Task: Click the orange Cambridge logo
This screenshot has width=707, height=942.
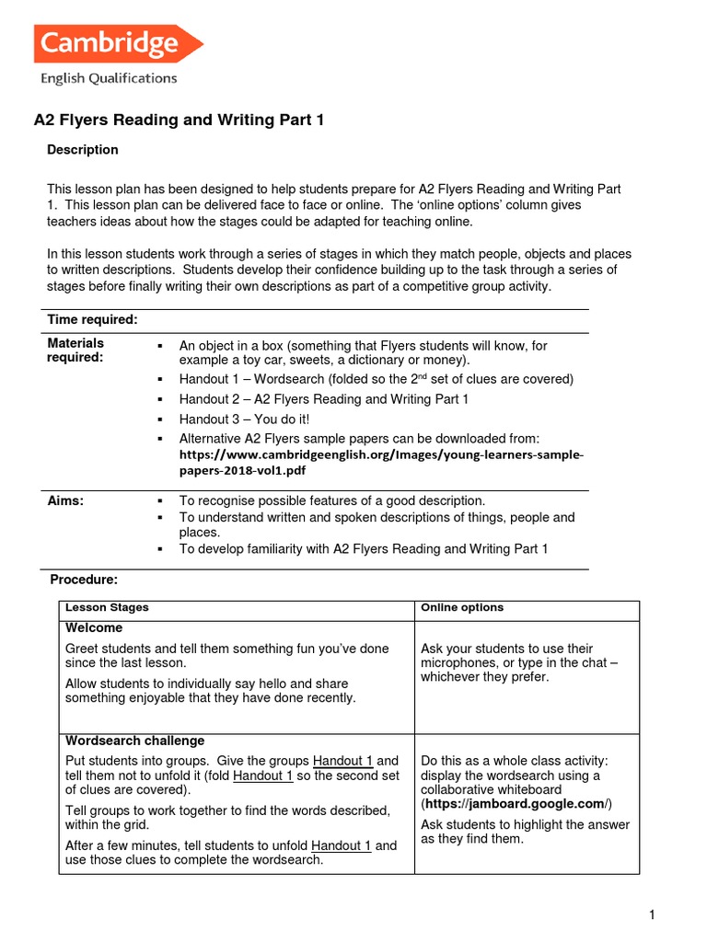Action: [117, 43]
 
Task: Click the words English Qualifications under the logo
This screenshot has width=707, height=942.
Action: [108, 79]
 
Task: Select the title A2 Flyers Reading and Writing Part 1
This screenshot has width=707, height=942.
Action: [179, 121]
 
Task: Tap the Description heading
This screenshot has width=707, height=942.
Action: [83, 150]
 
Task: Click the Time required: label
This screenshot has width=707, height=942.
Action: [92, 319]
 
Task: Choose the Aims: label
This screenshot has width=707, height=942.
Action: [65, 500]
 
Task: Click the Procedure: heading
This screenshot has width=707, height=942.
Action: [84, 580]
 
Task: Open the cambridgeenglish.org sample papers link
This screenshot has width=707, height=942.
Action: [381, 462]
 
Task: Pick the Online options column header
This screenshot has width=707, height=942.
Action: [462, 608]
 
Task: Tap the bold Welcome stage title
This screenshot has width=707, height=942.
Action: [94, 628]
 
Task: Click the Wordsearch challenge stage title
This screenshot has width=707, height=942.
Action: [135, 741]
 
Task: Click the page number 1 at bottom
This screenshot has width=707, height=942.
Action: [652, 914]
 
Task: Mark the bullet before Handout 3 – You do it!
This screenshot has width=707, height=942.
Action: [160, 419]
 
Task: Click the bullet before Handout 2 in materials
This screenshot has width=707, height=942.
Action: [160, 399]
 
